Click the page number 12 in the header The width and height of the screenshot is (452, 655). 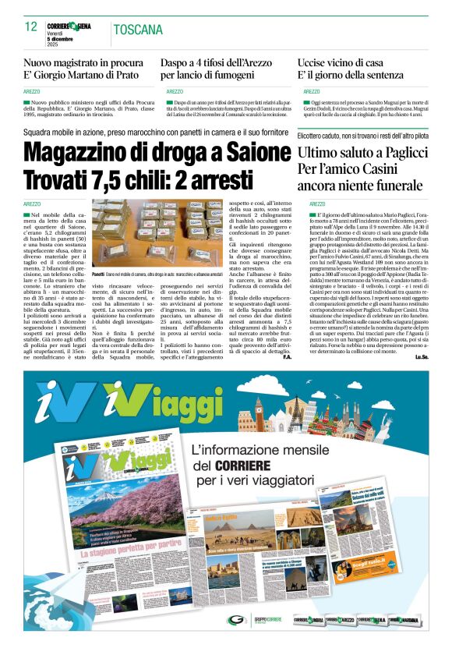(31, 27)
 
